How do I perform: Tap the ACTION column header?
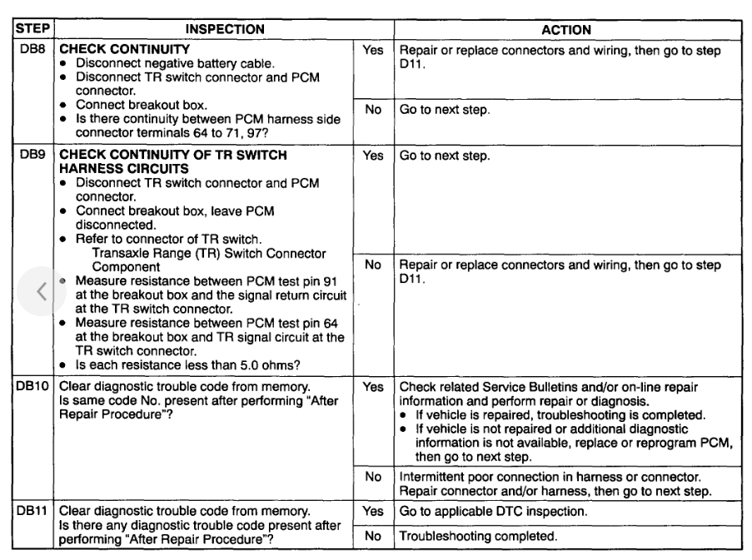566,29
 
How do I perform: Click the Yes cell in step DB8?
373,51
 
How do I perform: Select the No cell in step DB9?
373,265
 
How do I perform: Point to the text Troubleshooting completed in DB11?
478,537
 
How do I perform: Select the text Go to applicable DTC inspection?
495,513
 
